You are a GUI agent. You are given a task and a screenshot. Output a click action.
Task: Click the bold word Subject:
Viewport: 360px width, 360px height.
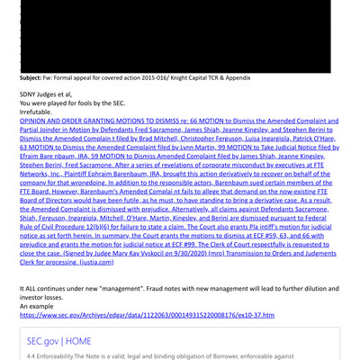(x=33, y=78)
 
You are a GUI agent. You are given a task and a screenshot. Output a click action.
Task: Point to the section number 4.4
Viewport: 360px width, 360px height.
(x=33, y=355)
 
